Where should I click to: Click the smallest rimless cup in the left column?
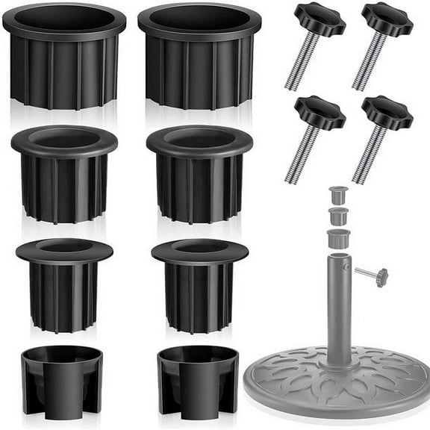[x=62, y=377]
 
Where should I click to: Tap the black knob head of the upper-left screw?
[x=320, y=19]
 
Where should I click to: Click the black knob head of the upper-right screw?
[x=387, y=19]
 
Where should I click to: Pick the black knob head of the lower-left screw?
[x=320, y=112]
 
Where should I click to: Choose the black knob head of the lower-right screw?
[x=387, y=112]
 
